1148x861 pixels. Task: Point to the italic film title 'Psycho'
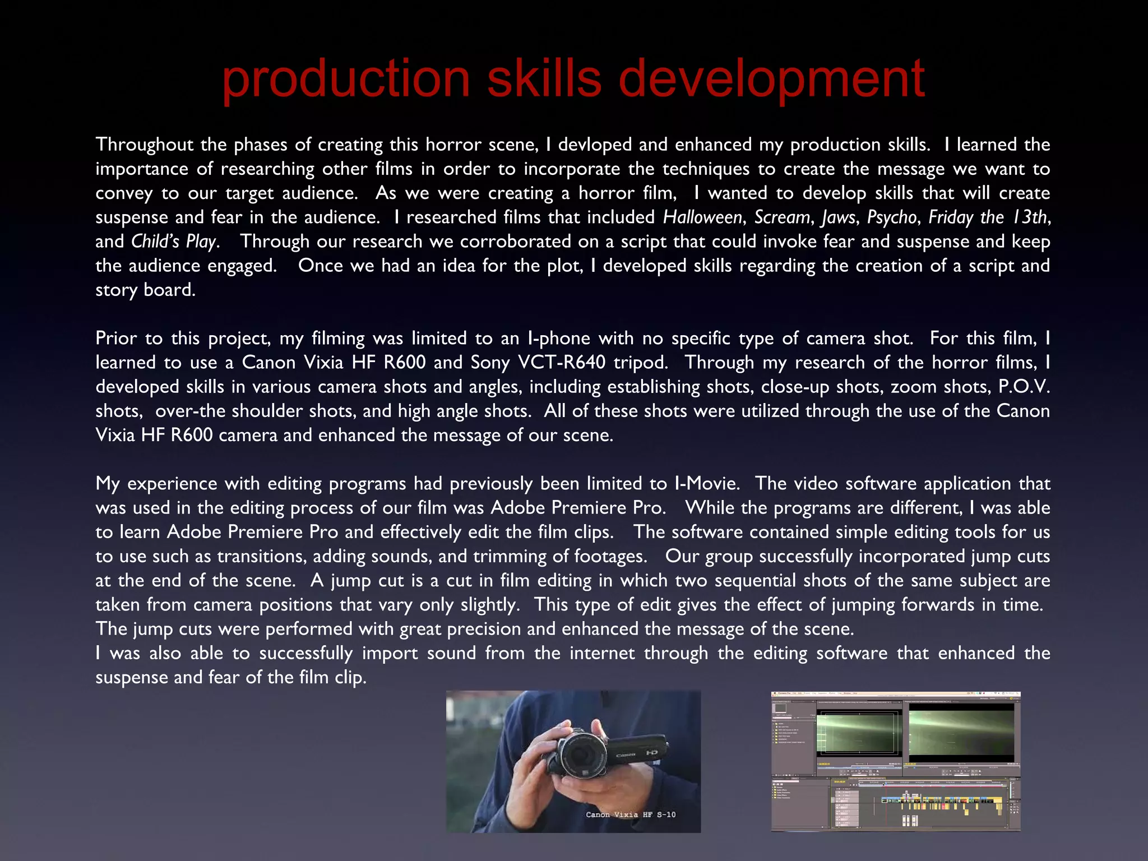click(x=892, y=217)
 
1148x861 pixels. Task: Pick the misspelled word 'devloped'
click(x=595, y=145)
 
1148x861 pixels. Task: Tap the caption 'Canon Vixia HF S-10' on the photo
click(x=631, y=814)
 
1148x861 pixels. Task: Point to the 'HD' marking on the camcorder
click(x=651, y=753)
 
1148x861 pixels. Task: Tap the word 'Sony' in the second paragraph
click(x=490, y=363)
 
